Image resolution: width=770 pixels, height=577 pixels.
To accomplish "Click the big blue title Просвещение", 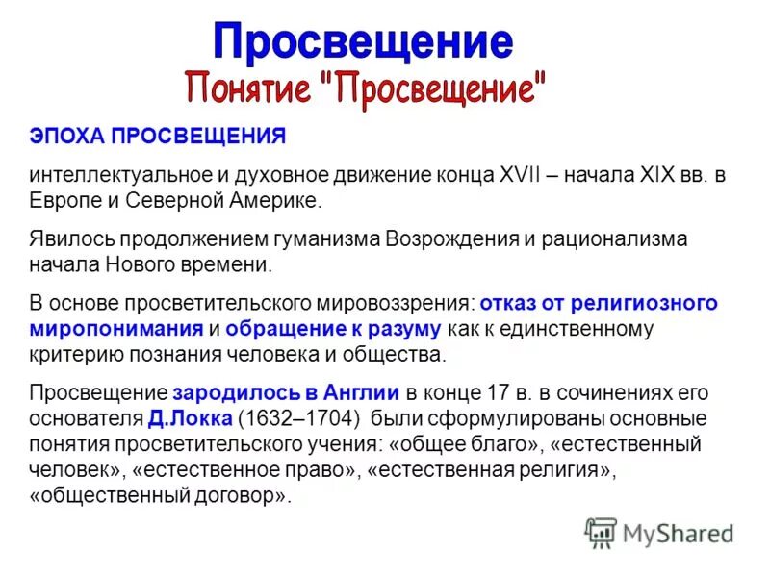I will [362, 42].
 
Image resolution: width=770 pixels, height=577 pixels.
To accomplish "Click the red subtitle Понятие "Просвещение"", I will [365, 88].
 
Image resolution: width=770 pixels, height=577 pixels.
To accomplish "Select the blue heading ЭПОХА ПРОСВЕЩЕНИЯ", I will [157, 136].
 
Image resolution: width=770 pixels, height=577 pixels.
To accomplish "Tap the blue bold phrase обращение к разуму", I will [334, 329].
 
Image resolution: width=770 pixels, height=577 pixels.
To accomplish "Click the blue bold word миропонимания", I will [115, 329].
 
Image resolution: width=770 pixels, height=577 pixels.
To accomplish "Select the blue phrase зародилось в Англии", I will [287, 392].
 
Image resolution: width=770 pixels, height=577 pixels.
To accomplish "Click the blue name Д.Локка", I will [190, 419].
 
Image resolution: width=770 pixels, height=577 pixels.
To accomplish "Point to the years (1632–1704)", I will [298, 419].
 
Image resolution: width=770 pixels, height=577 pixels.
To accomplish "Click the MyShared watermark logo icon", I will [601, 531].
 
